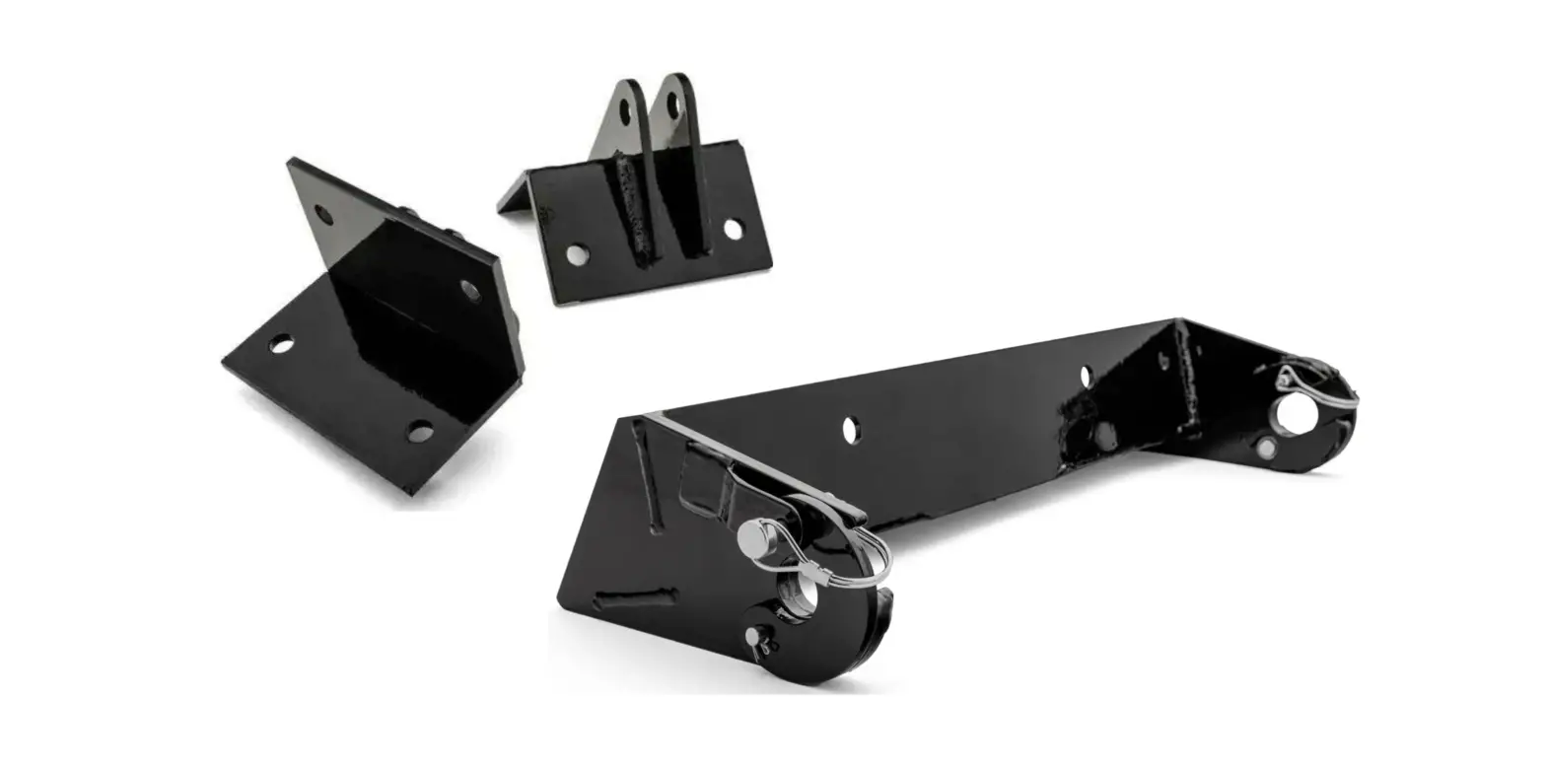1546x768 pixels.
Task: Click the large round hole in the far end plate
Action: coord(1293,414)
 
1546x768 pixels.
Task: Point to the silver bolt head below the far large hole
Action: coord(1265,448)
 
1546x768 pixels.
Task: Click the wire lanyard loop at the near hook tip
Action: coord(868,557)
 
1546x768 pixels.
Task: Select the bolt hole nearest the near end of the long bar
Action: coord(850,430)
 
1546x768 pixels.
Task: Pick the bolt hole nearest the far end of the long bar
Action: coord(1086,377)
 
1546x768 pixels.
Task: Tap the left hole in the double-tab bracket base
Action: coord(577,254)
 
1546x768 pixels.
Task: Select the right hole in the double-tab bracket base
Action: coord(733,230)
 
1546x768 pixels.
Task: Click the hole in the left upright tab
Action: coord(625,111)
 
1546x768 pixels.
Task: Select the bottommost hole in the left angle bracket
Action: coord(420,431)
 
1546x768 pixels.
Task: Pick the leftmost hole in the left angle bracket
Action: coord(281,344)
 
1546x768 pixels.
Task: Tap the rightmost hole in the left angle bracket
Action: coord(469,290)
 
